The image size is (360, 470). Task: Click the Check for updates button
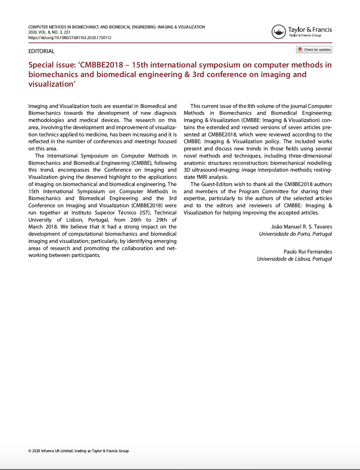click(x=314, y=50)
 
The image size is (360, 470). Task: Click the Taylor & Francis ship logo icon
click(x=279, y=32)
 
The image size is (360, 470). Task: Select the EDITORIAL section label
click(x=41, y=51)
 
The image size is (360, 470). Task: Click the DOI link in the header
click(x=70, y=38)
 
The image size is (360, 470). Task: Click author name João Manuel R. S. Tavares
click(x=301, y=227)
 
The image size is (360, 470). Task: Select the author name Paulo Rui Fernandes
click(x=308, y=252)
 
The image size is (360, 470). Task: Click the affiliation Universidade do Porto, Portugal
click(x=295, y=234)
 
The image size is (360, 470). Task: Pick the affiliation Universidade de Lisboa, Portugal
click(x=294, y=259)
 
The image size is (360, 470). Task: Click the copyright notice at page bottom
click(x=78, y=451)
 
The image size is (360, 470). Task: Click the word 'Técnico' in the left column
click(x=127, y=213)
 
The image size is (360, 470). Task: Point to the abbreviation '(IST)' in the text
click(x=145, y=213)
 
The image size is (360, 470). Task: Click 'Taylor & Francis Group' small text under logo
click(x=305, y=35)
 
